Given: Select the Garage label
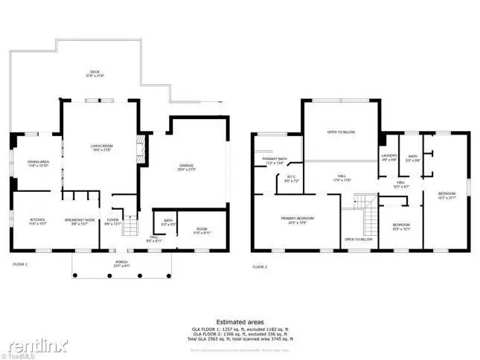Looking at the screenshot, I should tap(186, 167).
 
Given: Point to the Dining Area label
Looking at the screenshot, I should tap(38, 164).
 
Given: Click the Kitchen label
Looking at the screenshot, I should tap(37, 221).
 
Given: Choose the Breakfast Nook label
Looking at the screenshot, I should tap(78, 221).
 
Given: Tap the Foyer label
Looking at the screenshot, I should tap(112, 221).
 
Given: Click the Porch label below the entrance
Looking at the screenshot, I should tap(121, 263).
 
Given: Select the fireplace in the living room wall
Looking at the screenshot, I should tap(138, 151).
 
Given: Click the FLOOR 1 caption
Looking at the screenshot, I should tap(20, 265).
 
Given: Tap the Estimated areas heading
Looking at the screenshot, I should tap(240, 322).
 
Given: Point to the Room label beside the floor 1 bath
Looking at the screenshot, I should tap(202, 231).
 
